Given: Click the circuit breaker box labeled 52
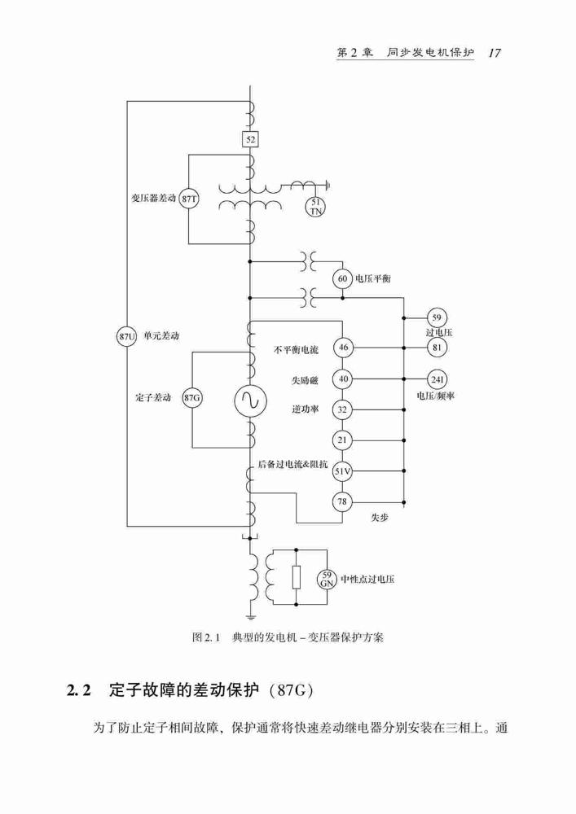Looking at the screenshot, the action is [250, 139].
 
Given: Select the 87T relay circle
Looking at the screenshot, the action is [188, 199].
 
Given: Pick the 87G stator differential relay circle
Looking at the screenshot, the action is [192, 399].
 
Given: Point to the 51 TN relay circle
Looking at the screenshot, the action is [315, 206].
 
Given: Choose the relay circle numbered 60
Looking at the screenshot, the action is [343, 278].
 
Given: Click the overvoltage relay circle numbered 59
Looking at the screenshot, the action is [437, 317].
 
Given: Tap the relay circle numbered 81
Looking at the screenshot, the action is [437, 348].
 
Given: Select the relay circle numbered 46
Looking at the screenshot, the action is [343, 348].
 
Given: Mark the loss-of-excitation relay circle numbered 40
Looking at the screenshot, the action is [343, 379].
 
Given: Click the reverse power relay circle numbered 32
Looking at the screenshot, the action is [343, 409].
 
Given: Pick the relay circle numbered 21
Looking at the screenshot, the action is [343, 440].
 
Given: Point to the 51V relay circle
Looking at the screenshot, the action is [343, 471].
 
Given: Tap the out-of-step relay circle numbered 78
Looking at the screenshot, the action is [343, 502].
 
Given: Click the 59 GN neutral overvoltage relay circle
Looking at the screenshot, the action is [327, 579].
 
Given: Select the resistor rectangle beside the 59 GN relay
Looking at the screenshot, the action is [296, 577].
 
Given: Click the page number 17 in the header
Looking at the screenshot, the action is [495, 53].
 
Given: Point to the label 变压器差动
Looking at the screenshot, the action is [153, 199].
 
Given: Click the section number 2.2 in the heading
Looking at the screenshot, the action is [79, 690].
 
